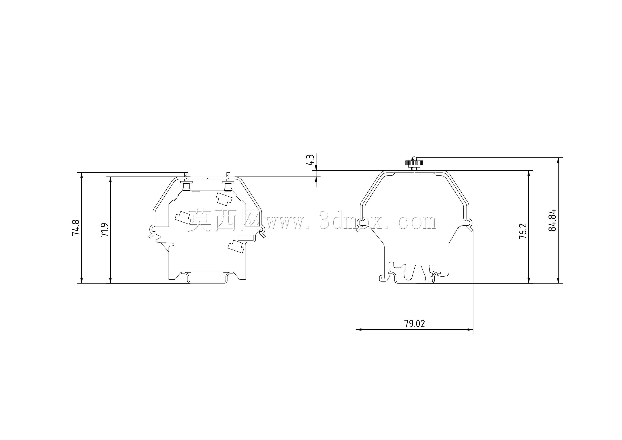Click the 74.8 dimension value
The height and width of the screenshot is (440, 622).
pyautogui.click(x=76, y=228)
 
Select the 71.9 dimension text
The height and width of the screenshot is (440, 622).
pyautogui.click(x=105, y=230)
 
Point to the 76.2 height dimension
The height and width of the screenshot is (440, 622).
pyautogui.click(x=523, y=231)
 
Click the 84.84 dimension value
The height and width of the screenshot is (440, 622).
pyautogui.click(x=552, y=220)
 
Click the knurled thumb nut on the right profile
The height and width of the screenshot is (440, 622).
pyautogui.click(x=414, y=163)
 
